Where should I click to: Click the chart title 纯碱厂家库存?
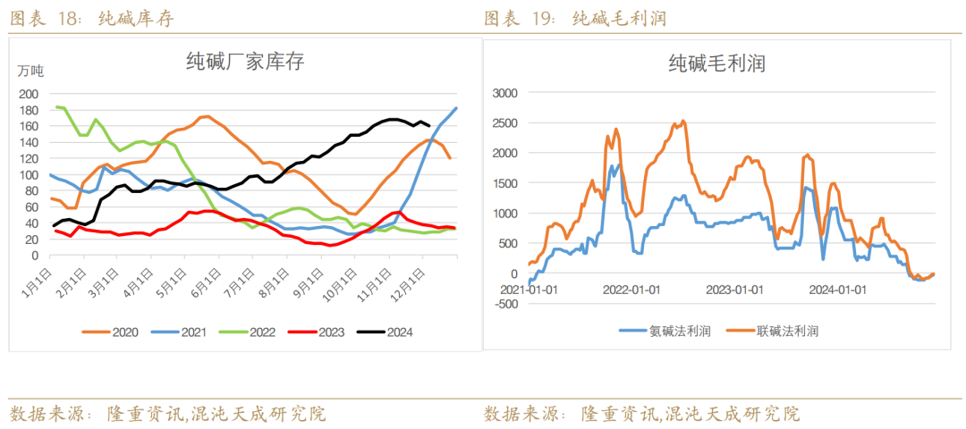(244, 62)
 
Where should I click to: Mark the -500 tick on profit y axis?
(507, 304)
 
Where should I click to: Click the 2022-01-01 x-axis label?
(631, 290)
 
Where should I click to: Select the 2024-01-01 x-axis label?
(836, 290)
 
